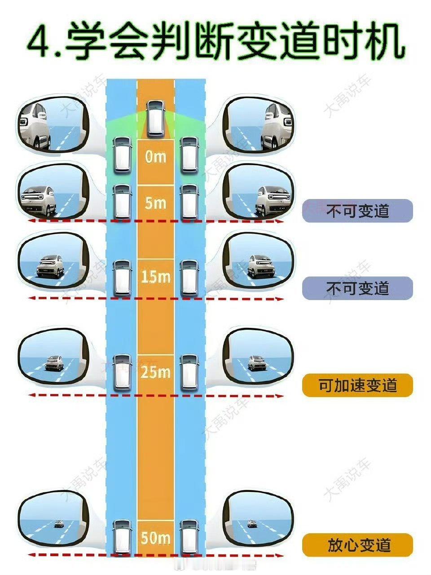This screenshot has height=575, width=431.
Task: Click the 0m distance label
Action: (x=155, y=157)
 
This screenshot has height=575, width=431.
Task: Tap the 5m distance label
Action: (x=155, y=203)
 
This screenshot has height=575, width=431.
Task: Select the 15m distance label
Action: (x=155, y=277)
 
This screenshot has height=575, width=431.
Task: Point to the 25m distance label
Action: (x=155, y=372)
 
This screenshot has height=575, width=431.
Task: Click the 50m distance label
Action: (x=155, y=538)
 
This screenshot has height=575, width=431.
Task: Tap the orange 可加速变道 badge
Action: (x=357, y=385)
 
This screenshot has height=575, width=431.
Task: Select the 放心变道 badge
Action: (x=357, y=545)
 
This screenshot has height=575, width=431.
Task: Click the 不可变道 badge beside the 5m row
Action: (x=357, y=211)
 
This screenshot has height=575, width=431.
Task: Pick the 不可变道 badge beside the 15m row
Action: (x=357, y=288)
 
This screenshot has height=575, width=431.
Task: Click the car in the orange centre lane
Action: (x=155, y=118)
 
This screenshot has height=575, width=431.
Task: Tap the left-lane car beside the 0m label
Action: (x=122, y=155)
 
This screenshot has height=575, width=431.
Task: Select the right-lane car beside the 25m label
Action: (x=189, y=372)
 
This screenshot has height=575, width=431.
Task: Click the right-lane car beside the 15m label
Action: (x=189, y=278)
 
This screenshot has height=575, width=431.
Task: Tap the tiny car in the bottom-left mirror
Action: (x=58, y=523)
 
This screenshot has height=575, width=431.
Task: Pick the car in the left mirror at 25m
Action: (x=54, y=363)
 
